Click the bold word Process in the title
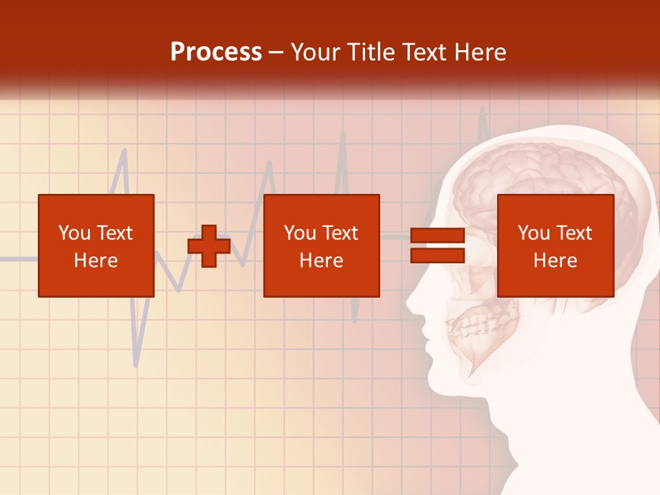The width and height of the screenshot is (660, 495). coord(216,52)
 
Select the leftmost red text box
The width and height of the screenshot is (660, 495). coord(96,245)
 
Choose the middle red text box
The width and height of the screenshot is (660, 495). coord(321,245)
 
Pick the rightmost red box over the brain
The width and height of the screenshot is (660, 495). coord(555,245)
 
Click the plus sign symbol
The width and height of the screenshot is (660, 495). coord(209,245)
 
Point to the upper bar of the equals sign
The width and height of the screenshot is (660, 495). coord(437,236)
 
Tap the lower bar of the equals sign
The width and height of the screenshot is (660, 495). coord(437,255)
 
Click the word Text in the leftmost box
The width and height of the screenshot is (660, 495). coord(114,233)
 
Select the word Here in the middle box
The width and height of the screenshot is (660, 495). coord(321,261)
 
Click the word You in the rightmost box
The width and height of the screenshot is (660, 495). coord(533,233)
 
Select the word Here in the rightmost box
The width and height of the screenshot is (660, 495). coord(555,261)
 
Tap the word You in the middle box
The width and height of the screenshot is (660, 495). coord(300,233)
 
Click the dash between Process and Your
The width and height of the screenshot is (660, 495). coord(276,52)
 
